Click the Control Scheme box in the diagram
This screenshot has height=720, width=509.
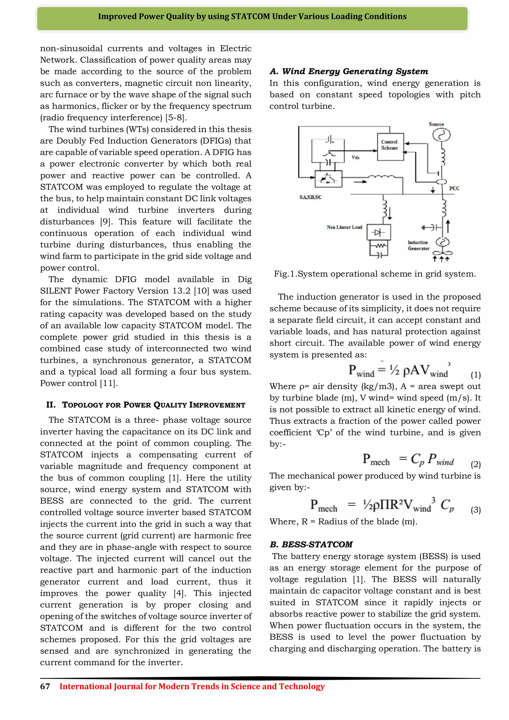pos(390,146)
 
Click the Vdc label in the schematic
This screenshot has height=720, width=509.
pos(355,158)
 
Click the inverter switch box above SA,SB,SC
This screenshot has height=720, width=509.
pos(328,179)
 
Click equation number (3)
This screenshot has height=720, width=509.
pos(475,510)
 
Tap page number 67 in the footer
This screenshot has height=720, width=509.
pos(45,686)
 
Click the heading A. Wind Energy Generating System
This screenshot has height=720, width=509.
pos(348,72)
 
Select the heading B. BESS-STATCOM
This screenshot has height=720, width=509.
pos(311,544)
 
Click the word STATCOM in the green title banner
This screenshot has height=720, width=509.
pos(250,17)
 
